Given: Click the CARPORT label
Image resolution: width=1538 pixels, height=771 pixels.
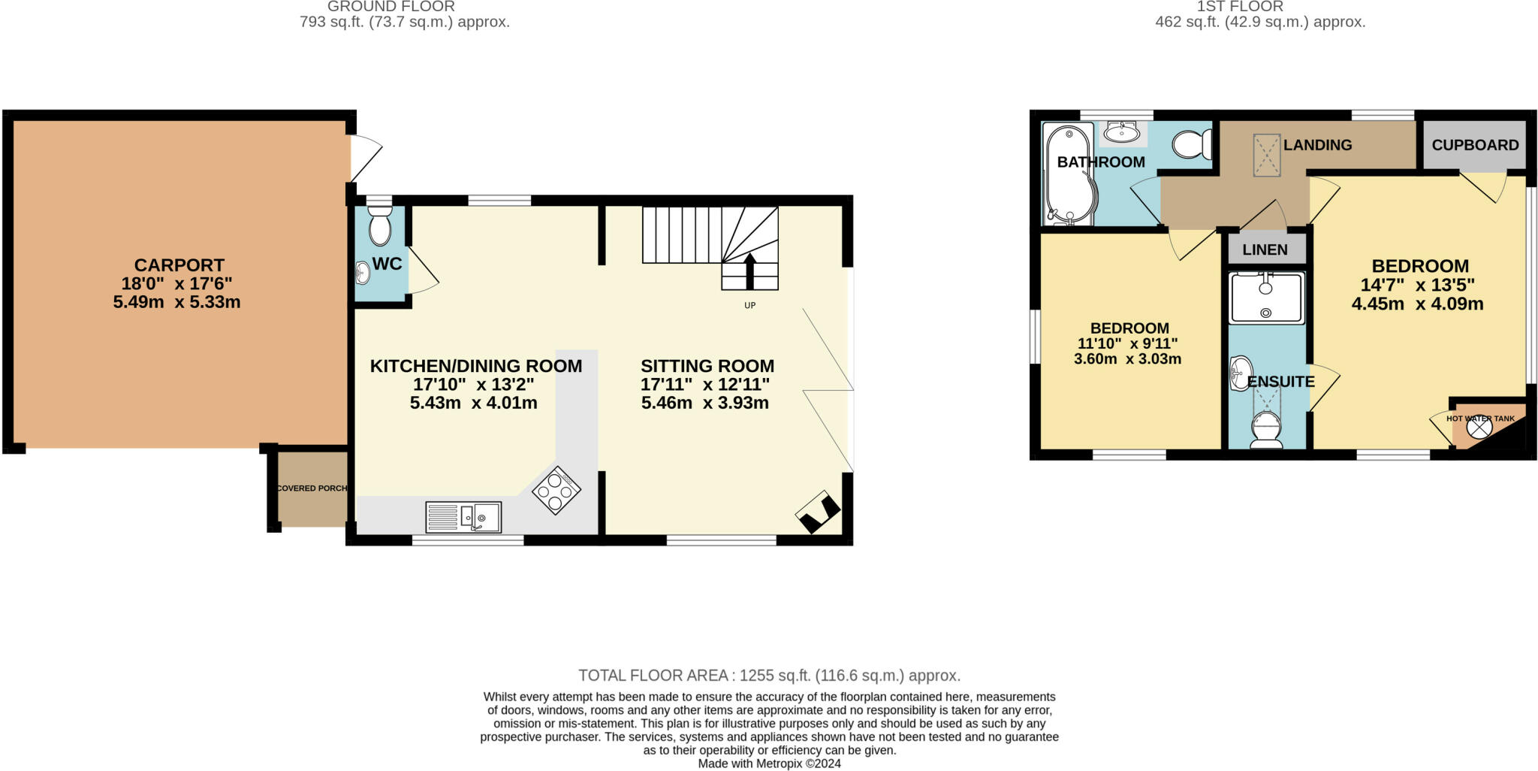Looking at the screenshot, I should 179,265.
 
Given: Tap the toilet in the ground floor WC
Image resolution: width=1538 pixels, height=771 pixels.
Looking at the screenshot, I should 380,225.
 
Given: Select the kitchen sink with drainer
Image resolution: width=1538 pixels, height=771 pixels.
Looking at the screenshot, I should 463,517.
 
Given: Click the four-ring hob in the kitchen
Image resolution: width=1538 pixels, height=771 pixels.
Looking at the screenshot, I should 556,491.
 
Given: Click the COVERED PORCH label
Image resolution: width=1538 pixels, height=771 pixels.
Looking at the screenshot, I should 312,488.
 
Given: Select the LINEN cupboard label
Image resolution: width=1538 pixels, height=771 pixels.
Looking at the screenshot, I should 1265,249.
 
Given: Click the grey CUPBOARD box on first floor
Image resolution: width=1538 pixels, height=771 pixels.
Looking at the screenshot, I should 1474,145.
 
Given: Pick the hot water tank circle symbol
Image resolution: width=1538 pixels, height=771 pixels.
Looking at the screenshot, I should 1479,428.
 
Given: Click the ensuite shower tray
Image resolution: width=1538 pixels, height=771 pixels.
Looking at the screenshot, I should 1266,298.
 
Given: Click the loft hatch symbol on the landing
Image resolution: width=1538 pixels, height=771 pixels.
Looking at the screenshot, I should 1267,156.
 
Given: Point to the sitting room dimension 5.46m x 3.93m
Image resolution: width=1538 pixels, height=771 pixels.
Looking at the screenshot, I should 704,403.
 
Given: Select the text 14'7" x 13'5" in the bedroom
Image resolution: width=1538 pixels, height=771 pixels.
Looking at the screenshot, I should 1417,286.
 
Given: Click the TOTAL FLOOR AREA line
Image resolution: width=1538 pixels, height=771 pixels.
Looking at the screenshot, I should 769,676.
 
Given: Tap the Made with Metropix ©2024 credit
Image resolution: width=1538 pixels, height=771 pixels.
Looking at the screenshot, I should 769,763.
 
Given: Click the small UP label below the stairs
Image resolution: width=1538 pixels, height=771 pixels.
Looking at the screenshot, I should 749,306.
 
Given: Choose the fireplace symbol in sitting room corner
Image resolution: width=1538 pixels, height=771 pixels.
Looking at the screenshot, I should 818,512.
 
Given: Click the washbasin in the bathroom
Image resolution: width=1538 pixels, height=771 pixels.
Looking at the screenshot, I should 1122,134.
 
